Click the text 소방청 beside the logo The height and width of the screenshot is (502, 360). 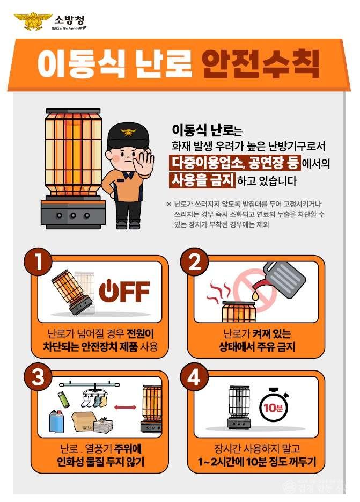coord(69,20)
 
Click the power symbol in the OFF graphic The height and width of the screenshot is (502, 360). coord(108,290)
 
